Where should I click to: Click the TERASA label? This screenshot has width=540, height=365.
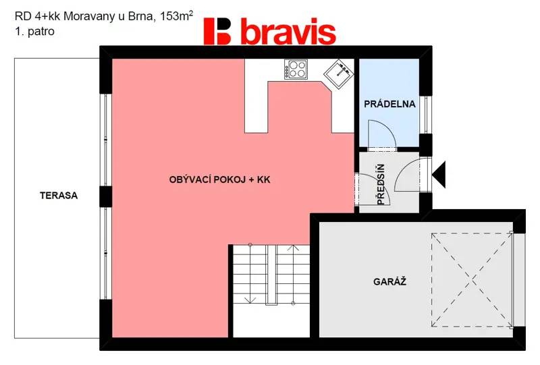tap(59, 196)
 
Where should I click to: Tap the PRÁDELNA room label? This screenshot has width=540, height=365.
tap(389, 104)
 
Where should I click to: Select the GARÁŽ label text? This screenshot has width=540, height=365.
tap(390, 281)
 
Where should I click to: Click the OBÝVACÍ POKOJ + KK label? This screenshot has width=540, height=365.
tap(220, 179)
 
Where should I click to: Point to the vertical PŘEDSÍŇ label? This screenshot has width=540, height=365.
tap(381, 185)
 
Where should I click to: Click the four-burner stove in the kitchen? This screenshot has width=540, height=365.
tap(296, 69)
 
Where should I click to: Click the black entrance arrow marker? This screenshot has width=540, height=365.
tap(439, 174)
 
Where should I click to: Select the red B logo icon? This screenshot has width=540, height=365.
tap(217, 31)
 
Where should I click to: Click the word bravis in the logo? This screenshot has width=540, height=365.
tap(288, 32)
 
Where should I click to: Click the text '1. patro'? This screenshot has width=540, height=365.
tap(34, 31)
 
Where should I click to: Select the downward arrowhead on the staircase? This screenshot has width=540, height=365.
tap(249, 300)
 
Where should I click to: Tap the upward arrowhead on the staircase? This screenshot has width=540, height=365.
tap(293, 247)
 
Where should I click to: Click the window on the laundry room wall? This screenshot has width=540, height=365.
tap(426, 115)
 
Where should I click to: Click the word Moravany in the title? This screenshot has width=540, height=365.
tap(90, 16)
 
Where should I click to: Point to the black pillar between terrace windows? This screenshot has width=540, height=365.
tap(106, 196)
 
